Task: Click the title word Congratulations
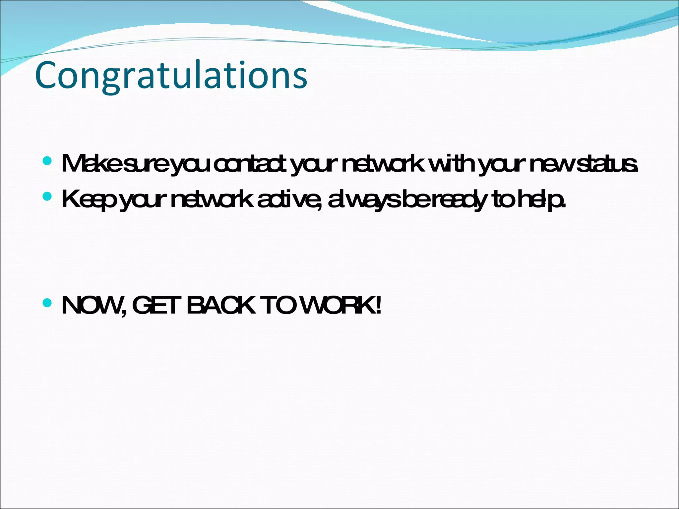[171, 76]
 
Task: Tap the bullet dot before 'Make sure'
[47, 161]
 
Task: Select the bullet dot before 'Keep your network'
[47, 197]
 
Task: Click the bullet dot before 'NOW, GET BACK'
[47, 303]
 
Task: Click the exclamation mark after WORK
[378, 306]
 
